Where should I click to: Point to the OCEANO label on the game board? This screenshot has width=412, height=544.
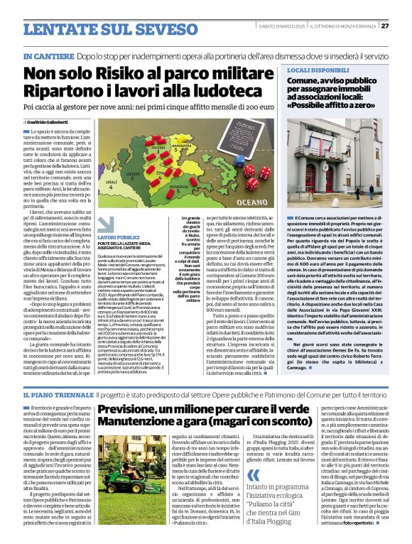click(251, 202)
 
